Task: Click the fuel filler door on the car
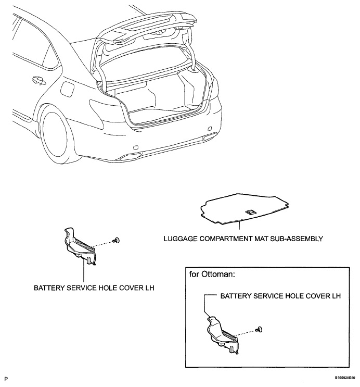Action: tap(67, 89)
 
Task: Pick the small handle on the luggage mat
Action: tap(249, 211)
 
